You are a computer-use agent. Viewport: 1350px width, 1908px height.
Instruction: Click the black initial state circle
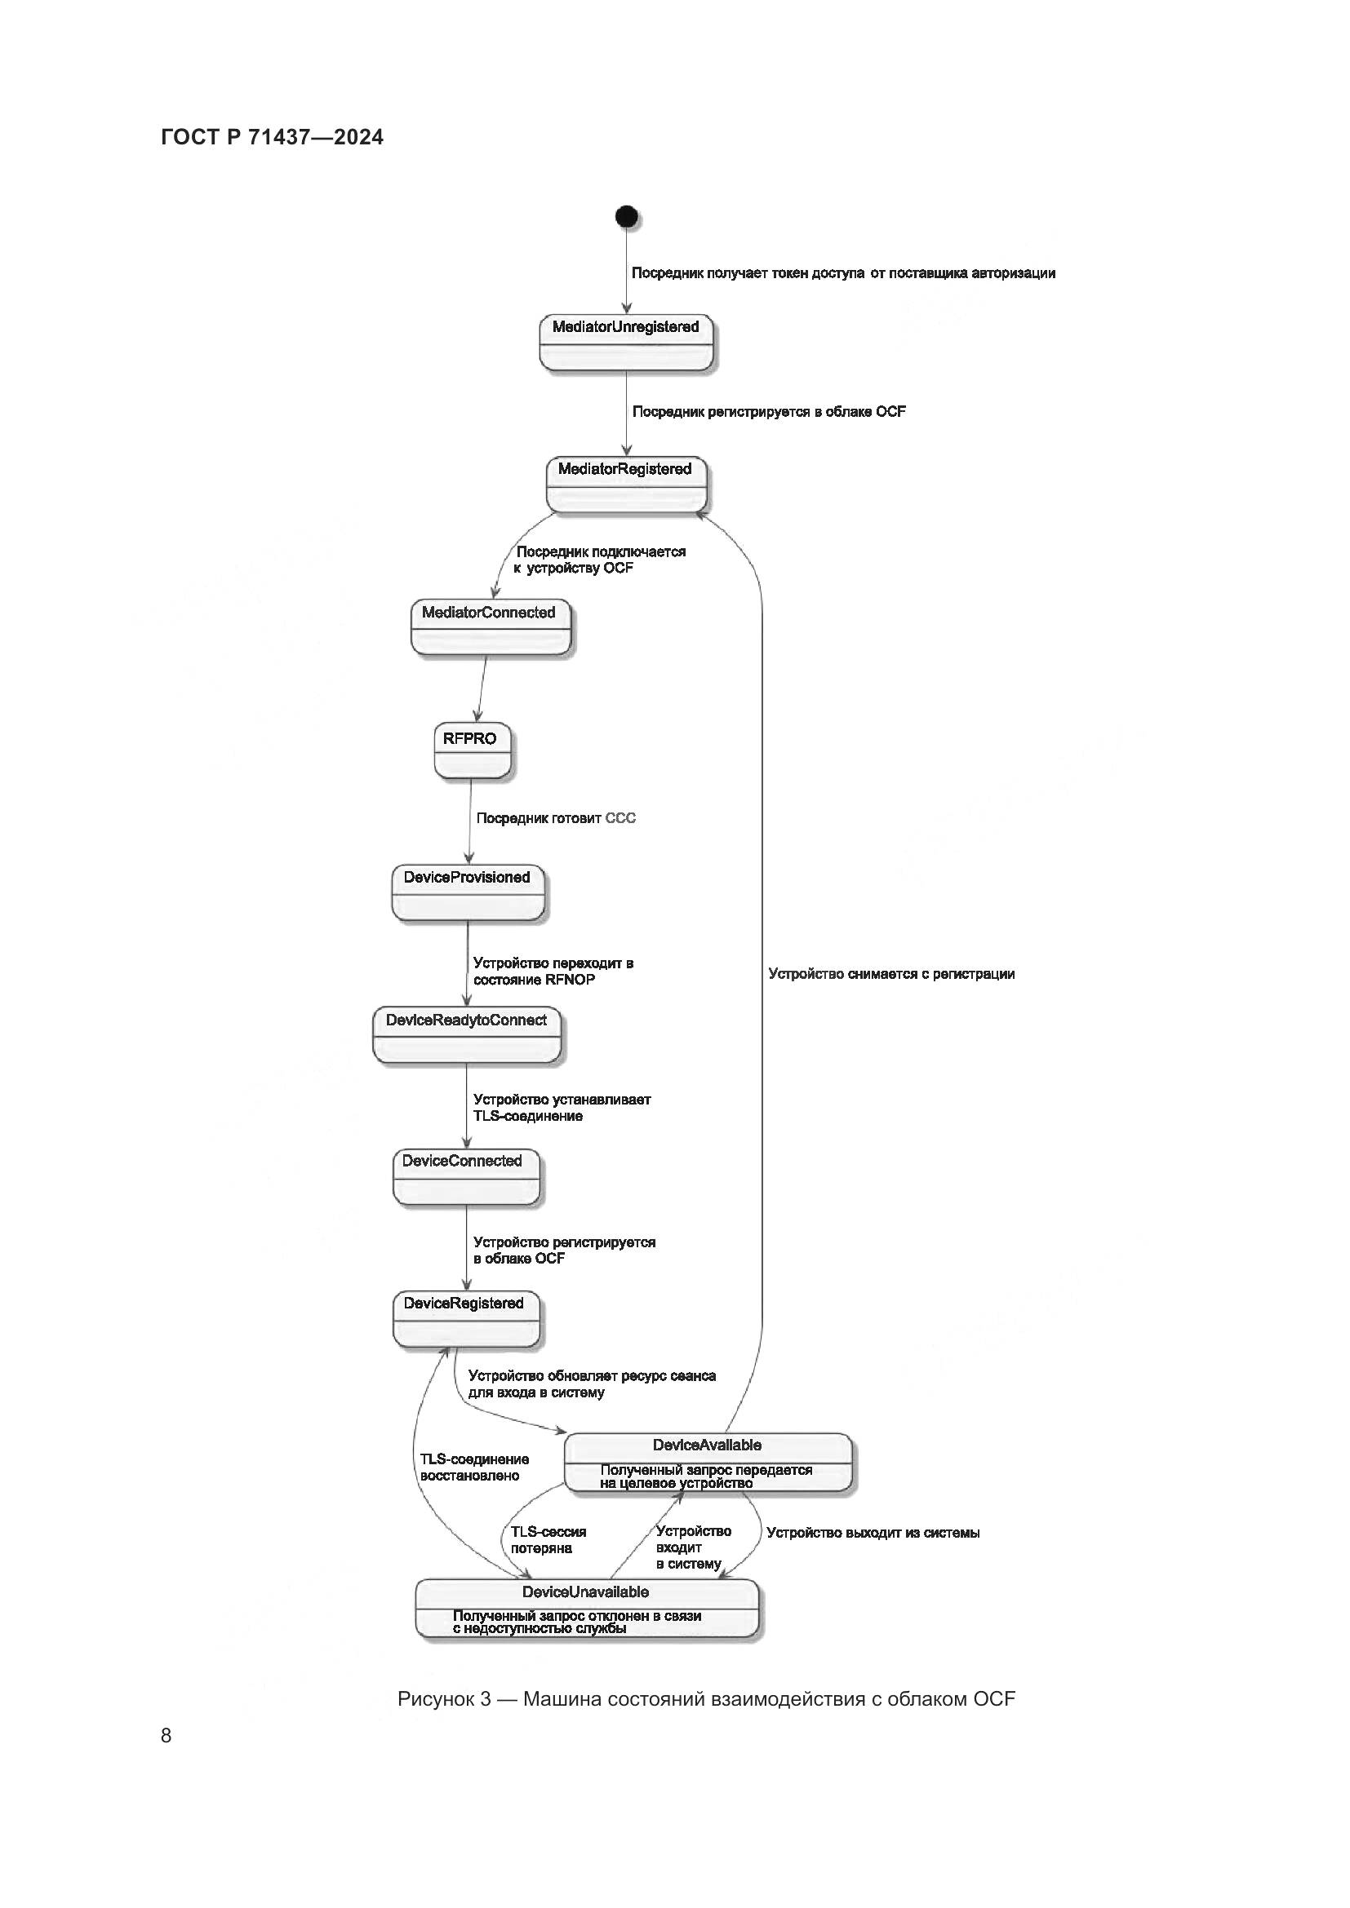coord(627,217)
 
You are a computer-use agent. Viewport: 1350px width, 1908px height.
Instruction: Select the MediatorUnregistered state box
coord(627,342)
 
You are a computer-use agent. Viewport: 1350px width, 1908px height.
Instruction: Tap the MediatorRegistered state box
coord(626,484)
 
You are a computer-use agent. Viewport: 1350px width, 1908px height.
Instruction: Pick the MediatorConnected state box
coord(491,627)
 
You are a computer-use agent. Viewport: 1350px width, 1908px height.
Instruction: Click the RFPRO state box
coord(471,750)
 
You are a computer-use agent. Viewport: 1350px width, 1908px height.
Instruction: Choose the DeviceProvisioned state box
coord(468,892)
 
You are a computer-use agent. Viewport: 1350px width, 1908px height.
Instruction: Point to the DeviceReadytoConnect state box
coord(466,1035)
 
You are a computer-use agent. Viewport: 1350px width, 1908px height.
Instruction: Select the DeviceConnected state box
coord(465,1177)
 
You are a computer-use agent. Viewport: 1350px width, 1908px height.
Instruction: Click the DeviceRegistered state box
coord(465,1320)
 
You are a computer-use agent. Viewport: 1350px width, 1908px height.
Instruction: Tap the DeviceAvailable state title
coord(708,1445)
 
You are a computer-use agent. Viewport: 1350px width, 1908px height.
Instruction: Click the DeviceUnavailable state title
coord(585,1591)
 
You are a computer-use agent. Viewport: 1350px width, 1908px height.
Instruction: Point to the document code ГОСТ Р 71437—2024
coord(272,137)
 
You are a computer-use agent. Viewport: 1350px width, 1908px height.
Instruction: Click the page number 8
coord(167,1735)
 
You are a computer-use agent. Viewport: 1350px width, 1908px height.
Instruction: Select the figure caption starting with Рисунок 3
coord(706,1698)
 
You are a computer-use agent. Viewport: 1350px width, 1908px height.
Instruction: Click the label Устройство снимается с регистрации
coord(891,974)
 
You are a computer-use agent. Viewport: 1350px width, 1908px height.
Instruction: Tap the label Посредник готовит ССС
coord(555,818)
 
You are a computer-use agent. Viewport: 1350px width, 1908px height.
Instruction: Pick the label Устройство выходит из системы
coord(872,1533)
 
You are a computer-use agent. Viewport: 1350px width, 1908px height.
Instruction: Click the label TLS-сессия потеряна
coord(548,1540)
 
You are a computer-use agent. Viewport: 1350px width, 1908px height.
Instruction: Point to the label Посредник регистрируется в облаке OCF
coord(769,411)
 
